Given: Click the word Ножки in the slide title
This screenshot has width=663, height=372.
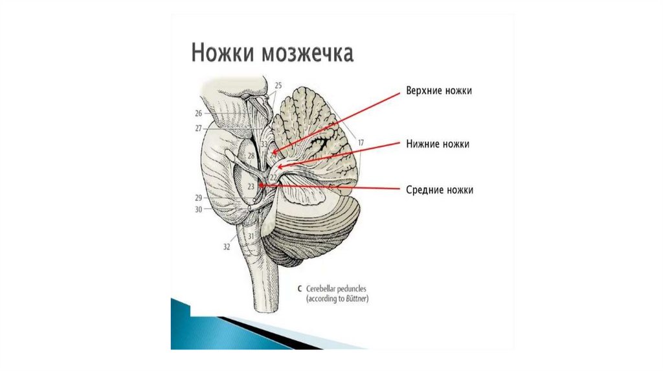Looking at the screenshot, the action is pyautogui.click(x=223, y=53).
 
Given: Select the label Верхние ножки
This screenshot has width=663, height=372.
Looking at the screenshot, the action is pyautogui.click(x=439, y=91).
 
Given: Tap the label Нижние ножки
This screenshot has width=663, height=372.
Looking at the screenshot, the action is pyautogui.click(x=438, y=144).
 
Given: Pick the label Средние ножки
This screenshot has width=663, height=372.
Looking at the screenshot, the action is pyautogui.click(x=440, y=190).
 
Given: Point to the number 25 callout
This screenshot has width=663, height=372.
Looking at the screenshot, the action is pyautogui.click(x=278, y=86).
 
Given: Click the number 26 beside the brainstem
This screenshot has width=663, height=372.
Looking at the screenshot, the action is pyautogui.click(x=198, y=113).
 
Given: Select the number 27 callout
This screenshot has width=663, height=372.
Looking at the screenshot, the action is pyautogui.click(x=198, y=128).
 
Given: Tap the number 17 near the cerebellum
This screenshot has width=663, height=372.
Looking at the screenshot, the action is pyautogui.click(x=361, y=142).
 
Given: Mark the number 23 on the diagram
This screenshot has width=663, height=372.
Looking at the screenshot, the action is pyautogui.click(x=252, y=186).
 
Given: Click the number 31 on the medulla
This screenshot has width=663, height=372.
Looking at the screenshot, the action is pyautogui.click(x=251, y=237).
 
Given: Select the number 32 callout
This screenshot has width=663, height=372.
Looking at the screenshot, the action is pyautogui.click(x=227, y=247).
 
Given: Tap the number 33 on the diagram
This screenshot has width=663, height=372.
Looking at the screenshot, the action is pyautogui.click(x=264, y=144).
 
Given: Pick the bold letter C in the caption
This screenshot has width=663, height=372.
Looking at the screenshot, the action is pyautogui.click(x=298, y=288).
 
